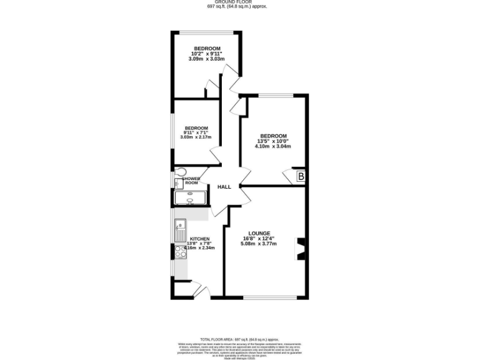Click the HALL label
(224, 187)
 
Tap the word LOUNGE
(259, 233)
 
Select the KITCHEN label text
(200, 239)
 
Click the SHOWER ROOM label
(191, 181)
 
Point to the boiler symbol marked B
(301, 177)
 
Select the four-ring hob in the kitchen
(181, 252)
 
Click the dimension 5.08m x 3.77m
(259, 244)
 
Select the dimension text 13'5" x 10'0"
(273, 141)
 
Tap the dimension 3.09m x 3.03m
(206, 59)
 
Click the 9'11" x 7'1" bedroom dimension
(196, 132)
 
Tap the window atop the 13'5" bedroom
(276, 95)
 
